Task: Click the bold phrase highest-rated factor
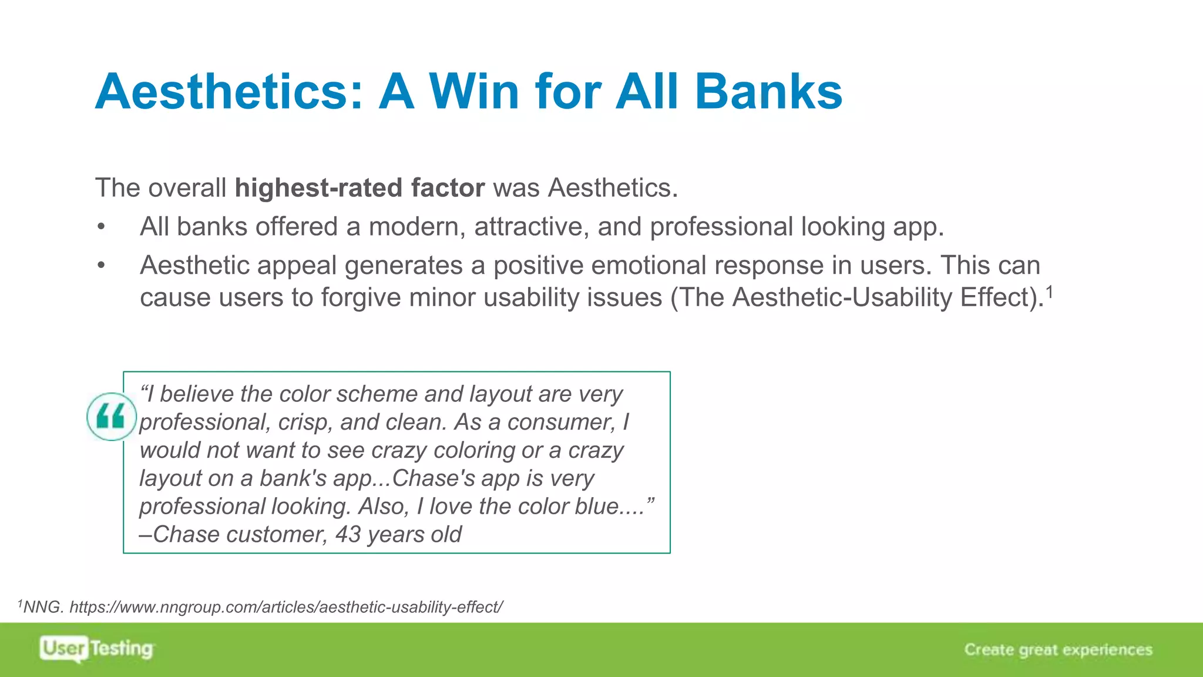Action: point(359,188)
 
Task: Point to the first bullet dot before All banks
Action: point(102,227)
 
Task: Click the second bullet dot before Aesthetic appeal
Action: point(102,266)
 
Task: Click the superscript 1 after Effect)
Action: point(1049,290)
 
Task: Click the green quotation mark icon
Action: point(111,417)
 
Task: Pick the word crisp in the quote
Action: point(304,422)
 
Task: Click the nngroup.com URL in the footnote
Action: point(286,607)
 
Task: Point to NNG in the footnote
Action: point(42,607)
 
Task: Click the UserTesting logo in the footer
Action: point(96,649)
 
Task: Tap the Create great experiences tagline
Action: point(1058,649)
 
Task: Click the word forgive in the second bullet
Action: point(358,297)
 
